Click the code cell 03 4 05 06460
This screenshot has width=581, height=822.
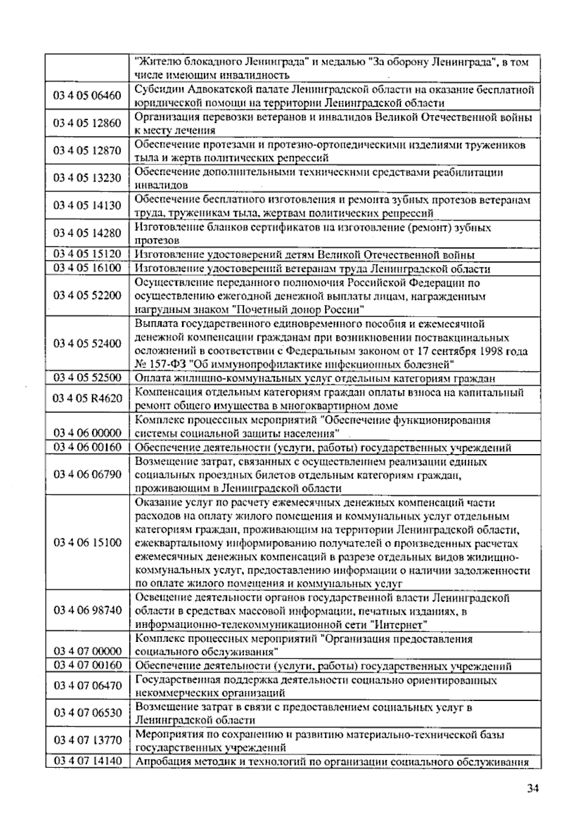pyautogui.click(x=87, y=95)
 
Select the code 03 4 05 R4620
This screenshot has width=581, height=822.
pyautogui.click(x=87, y=398)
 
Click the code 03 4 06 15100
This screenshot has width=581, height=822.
pyautogui.click(x=87, y=543)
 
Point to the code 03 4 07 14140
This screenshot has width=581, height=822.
pyautogui.click(x=87, y=761)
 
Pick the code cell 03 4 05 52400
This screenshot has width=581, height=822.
pyautogui.click(x=87, y=344)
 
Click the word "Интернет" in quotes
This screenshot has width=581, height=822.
pyautogui.click(x=401, y=625)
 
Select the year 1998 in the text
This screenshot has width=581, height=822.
pyautogui.click(x=491, y=351)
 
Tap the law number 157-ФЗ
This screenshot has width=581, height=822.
pyautogui.click(x=169, y=364)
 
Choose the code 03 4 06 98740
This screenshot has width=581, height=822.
pyautogui.click(x=87, y=610)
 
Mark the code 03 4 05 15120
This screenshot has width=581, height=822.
pyautogui.click(x=87, y=254)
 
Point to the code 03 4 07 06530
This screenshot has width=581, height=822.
pyautogui.click(x=87, y=713)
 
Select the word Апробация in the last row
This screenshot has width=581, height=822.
pyautogui.click(x=162, y=762)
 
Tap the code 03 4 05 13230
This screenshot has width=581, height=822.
pyautogui.click(x=87, y=178)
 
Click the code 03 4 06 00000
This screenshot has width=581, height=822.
pyautogui.click(x=87, y=432)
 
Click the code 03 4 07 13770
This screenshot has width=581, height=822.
pyautogui.click(x=87, y=740)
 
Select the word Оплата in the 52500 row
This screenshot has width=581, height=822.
pyautogui.click(x=151, y=379)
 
